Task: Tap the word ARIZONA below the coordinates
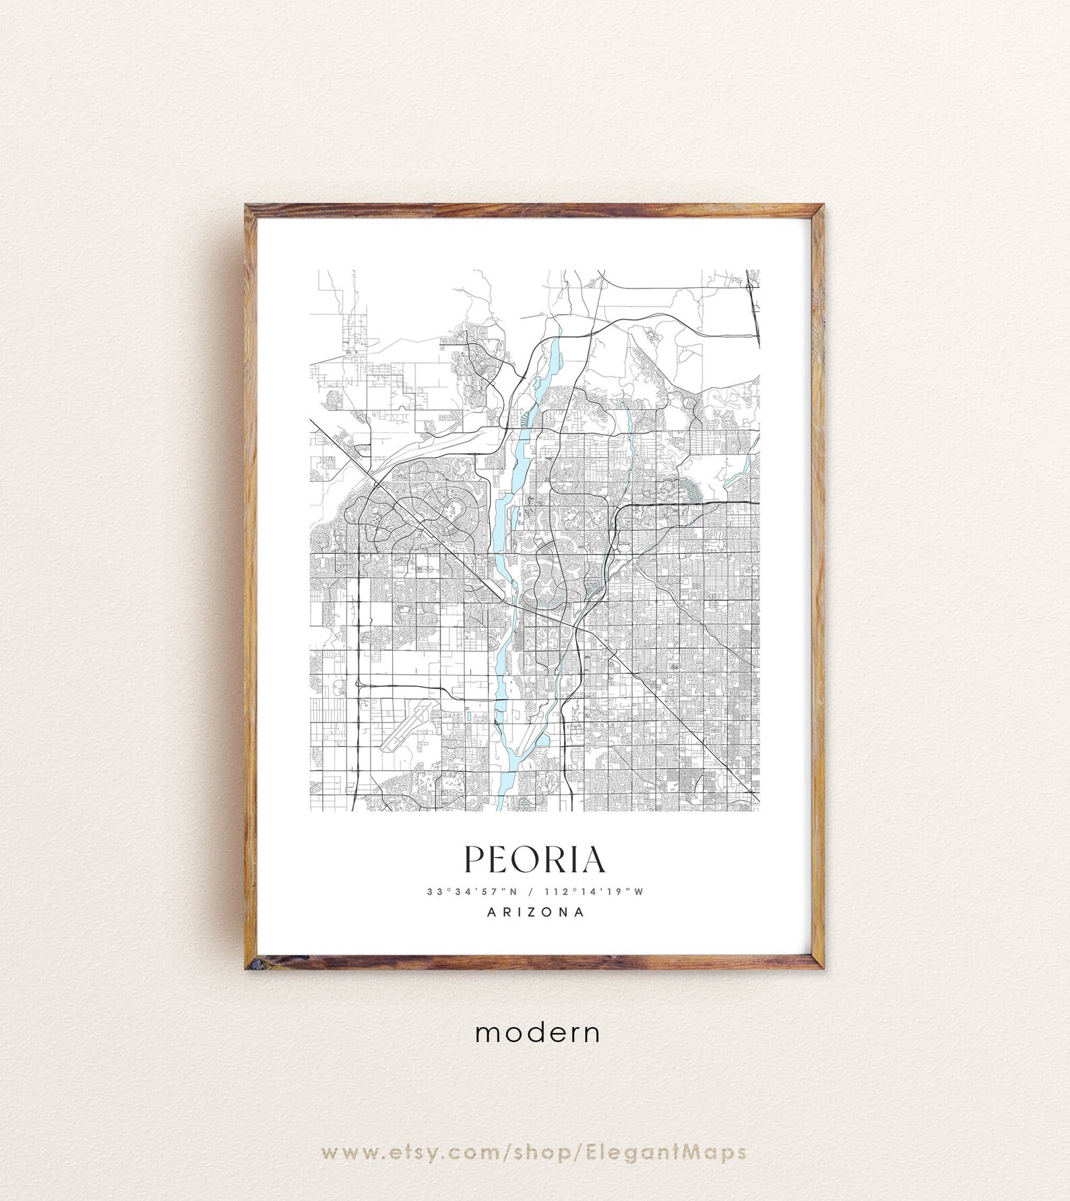(535, 913)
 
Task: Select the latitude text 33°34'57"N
(471, 892)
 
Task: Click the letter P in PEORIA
(473, 859)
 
